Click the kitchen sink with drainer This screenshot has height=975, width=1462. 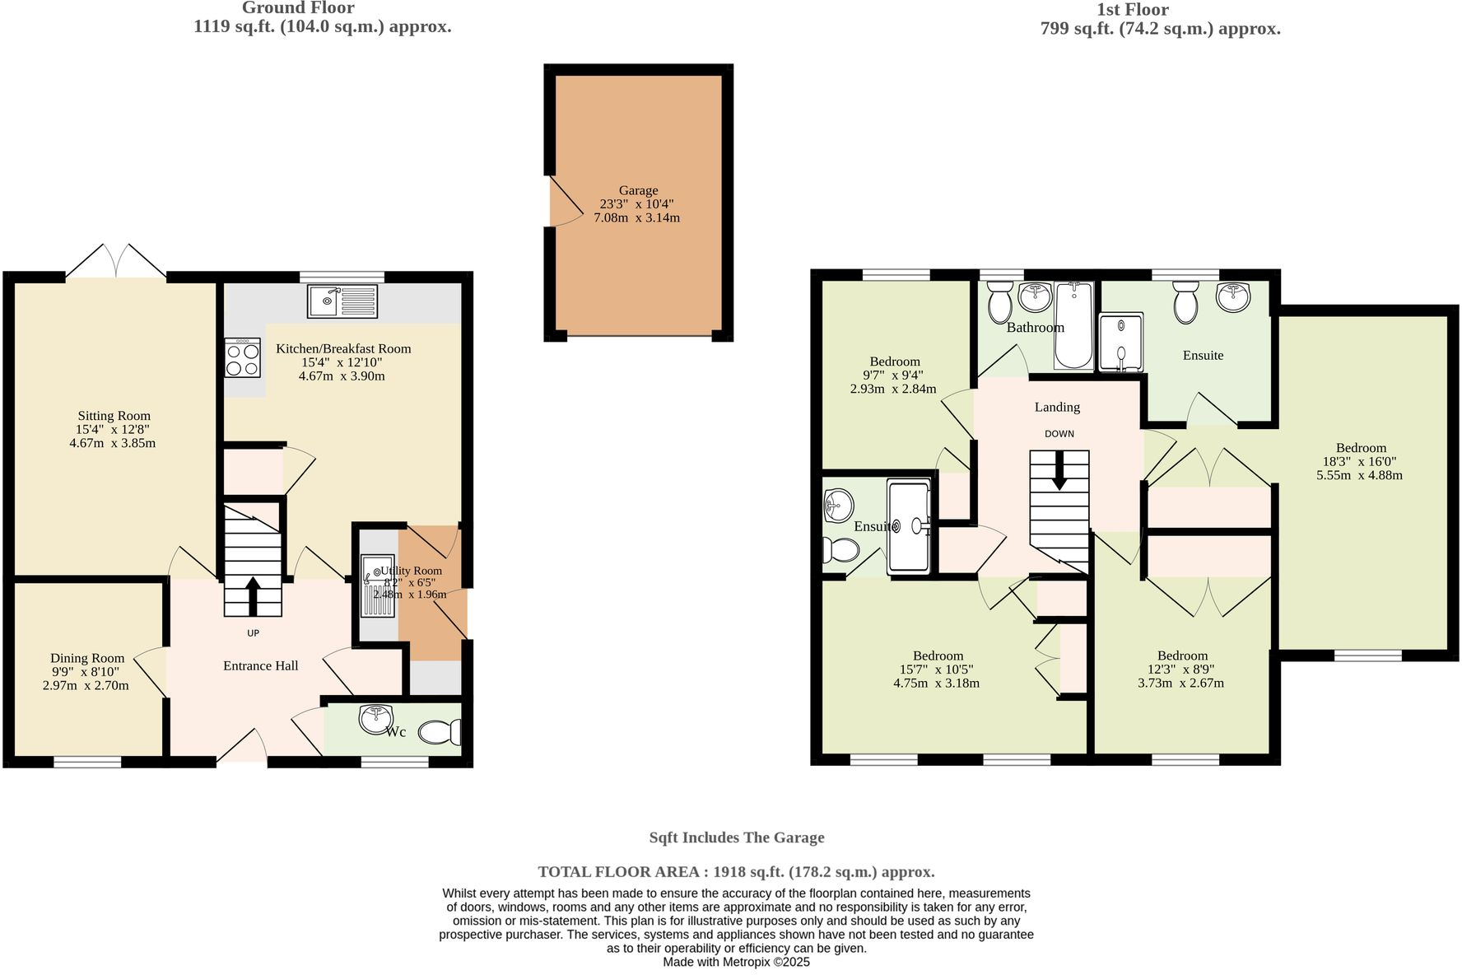click(342, 301)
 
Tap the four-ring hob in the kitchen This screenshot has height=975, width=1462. click(242, 358)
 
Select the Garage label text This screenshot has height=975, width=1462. click(638, 190)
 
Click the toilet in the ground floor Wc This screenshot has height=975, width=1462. click(441, 732)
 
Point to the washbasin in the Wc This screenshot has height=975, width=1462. click(375, 718)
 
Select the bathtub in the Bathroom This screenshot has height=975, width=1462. click(1073, 325)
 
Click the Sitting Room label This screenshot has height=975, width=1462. click(114, 416)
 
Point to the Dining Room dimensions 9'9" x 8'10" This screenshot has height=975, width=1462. click(86, 672)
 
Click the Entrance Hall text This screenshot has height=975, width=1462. click(260, 665)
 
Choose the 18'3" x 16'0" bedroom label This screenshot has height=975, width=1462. click(1360, 461)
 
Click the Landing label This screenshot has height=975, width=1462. click(1057, 407)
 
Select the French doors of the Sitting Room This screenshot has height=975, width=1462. click(116, 262)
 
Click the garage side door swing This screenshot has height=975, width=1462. click(565, 203)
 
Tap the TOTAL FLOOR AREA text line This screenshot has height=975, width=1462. click(736, 871)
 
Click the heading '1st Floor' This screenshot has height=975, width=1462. click(1132, 10)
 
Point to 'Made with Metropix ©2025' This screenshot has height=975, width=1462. click(736, 962)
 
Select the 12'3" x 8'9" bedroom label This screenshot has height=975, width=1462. click(1181, 669)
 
